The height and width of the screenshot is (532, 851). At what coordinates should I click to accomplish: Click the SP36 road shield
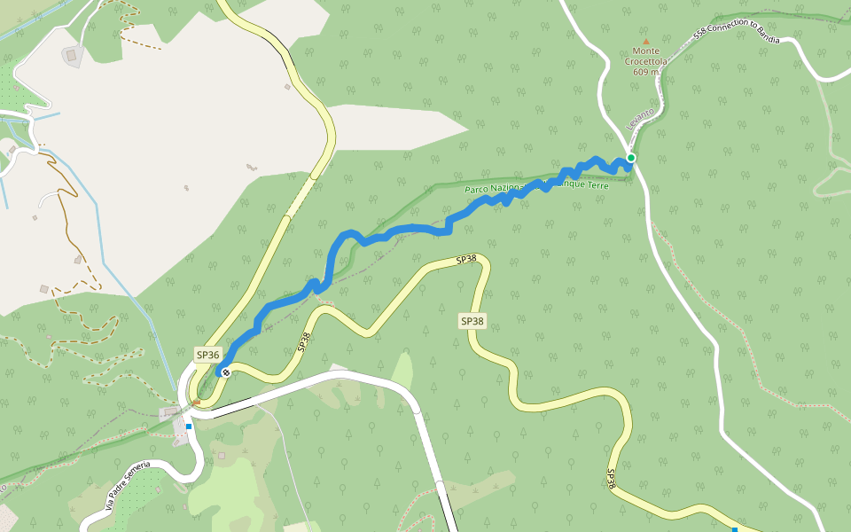click(207, 355)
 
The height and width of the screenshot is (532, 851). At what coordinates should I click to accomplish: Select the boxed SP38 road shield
click(472, 321)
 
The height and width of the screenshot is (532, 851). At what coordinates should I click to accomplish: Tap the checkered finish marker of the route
click(226, 372)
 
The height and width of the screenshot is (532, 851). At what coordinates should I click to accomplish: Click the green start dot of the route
click(631, 158)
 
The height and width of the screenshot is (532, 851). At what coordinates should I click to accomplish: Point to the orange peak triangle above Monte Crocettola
click(645, 41)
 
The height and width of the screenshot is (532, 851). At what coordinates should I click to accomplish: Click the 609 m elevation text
click(645, 72)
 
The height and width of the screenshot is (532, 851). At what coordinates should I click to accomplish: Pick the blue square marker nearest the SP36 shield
click(189, 426)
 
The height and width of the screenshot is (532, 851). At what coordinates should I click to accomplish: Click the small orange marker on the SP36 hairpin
click(197, 402)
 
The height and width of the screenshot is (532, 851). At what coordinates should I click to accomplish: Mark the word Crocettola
click(645, 62)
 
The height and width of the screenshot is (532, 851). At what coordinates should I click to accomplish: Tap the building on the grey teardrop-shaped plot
click(71, 55)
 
